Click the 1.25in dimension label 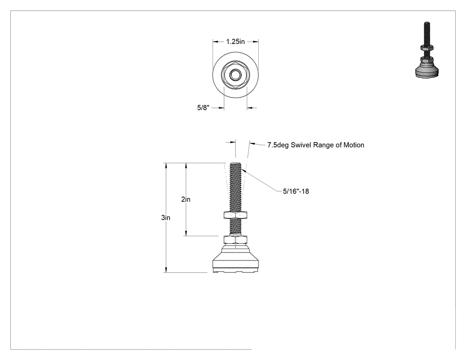(235, 42)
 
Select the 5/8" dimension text (203, 107)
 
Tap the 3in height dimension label (166, 218)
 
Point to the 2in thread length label (186, 199)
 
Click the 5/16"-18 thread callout (296, 191)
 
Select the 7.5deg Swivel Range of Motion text (316, 145)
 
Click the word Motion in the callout (354, 145)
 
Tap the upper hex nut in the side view (235, 215)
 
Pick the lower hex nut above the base (235, 240)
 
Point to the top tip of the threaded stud (235, 162)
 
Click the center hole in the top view (235, 74)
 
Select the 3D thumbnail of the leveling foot (427, 50)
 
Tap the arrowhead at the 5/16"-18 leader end (242, 170)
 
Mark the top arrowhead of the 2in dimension (186, 166)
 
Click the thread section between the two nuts (235, 227)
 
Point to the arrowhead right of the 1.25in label (256, 42)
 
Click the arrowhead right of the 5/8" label (249, 107)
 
